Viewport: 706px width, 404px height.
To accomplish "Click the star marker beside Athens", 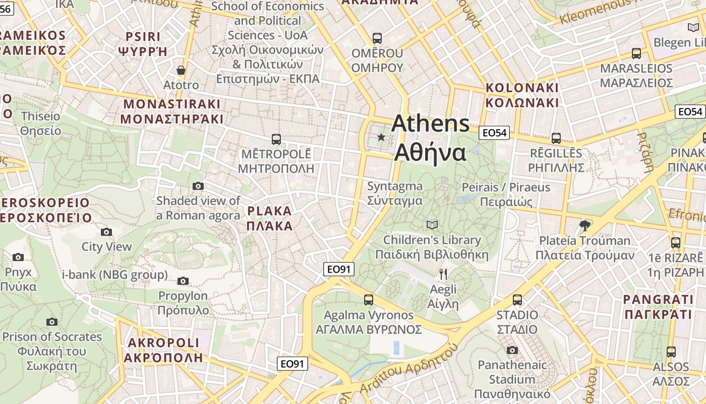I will (x=381, y=137).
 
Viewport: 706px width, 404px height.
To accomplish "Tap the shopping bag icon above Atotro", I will (x=181, y=70).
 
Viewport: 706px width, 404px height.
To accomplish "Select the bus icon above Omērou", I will (x=377, y=38).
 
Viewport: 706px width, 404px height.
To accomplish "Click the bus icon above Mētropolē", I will (x=276, y=139).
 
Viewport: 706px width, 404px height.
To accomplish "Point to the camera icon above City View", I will (x=106, y=232).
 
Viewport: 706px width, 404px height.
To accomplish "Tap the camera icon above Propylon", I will (x=183, y=281).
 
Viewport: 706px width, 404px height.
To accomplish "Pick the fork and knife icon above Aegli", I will (x=443, y=274).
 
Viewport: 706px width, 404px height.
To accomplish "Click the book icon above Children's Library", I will (x=432, y=225).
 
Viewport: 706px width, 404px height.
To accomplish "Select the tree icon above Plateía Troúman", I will (x=585, y=225).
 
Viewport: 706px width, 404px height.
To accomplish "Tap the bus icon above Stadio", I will (x=517, y=300).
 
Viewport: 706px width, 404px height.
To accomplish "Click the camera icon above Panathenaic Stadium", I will (x=512, y=350).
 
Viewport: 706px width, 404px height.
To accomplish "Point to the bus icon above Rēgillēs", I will (x=556, y=138).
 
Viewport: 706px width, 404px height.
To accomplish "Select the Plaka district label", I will (x=269, y=218).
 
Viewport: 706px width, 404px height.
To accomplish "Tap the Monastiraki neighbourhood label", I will (x=172, y=112).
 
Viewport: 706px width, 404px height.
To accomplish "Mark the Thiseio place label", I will (x=40, y=124).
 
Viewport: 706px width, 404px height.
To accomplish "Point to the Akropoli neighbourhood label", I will (x=163, y=350).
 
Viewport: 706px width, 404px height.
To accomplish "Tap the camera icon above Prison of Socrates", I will (x=51, y=322).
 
